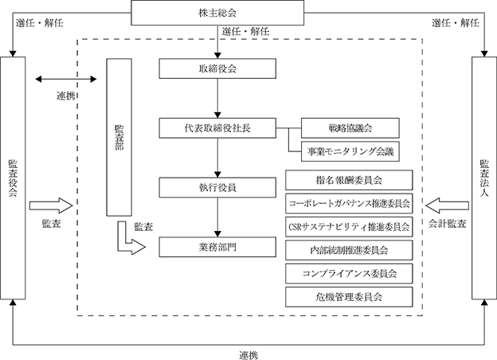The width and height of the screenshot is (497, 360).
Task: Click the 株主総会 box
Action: pos(217,13)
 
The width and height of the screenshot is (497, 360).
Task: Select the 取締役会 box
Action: pos(217,68)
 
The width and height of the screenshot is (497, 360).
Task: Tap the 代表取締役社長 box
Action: pos(217,128)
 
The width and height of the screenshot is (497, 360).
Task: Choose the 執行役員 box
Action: pos(217,188)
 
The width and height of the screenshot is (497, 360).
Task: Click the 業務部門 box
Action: pos(217,247)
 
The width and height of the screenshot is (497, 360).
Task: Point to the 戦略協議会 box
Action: pos(350,128)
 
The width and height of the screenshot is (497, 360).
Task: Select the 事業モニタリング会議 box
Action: pos(350,151)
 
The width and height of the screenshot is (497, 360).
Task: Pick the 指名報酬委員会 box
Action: pos(349,180)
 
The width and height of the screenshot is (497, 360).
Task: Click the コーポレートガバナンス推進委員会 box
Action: pos(349,203)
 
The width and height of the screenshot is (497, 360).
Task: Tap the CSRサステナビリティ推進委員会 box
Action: pos(349,227)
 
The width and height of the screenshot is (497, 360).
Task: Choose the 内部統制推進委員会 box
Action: pos(349,250)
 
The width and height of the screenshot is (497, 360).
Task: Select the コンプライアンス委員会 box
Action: pos(349,273)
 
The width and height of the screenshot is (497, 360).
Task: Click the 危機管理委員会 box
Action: pos(349,297)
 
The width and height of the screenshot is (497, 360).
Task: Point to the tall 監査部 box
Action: pos(119,137)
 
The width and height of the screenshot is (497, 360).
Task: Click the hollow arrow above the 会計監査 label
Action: pos(447,205)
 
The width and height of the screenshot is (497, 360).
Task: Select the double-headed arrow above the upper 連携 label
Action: pos(66,79)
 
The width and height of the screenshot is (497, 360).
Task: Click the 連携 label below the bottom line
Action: pos(248,355)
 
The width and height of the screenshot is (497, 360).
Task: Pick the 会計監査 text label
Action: pos(448,224)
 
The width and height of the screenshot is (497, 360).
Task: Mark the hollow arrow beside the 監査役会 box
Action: pos(51,205)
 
